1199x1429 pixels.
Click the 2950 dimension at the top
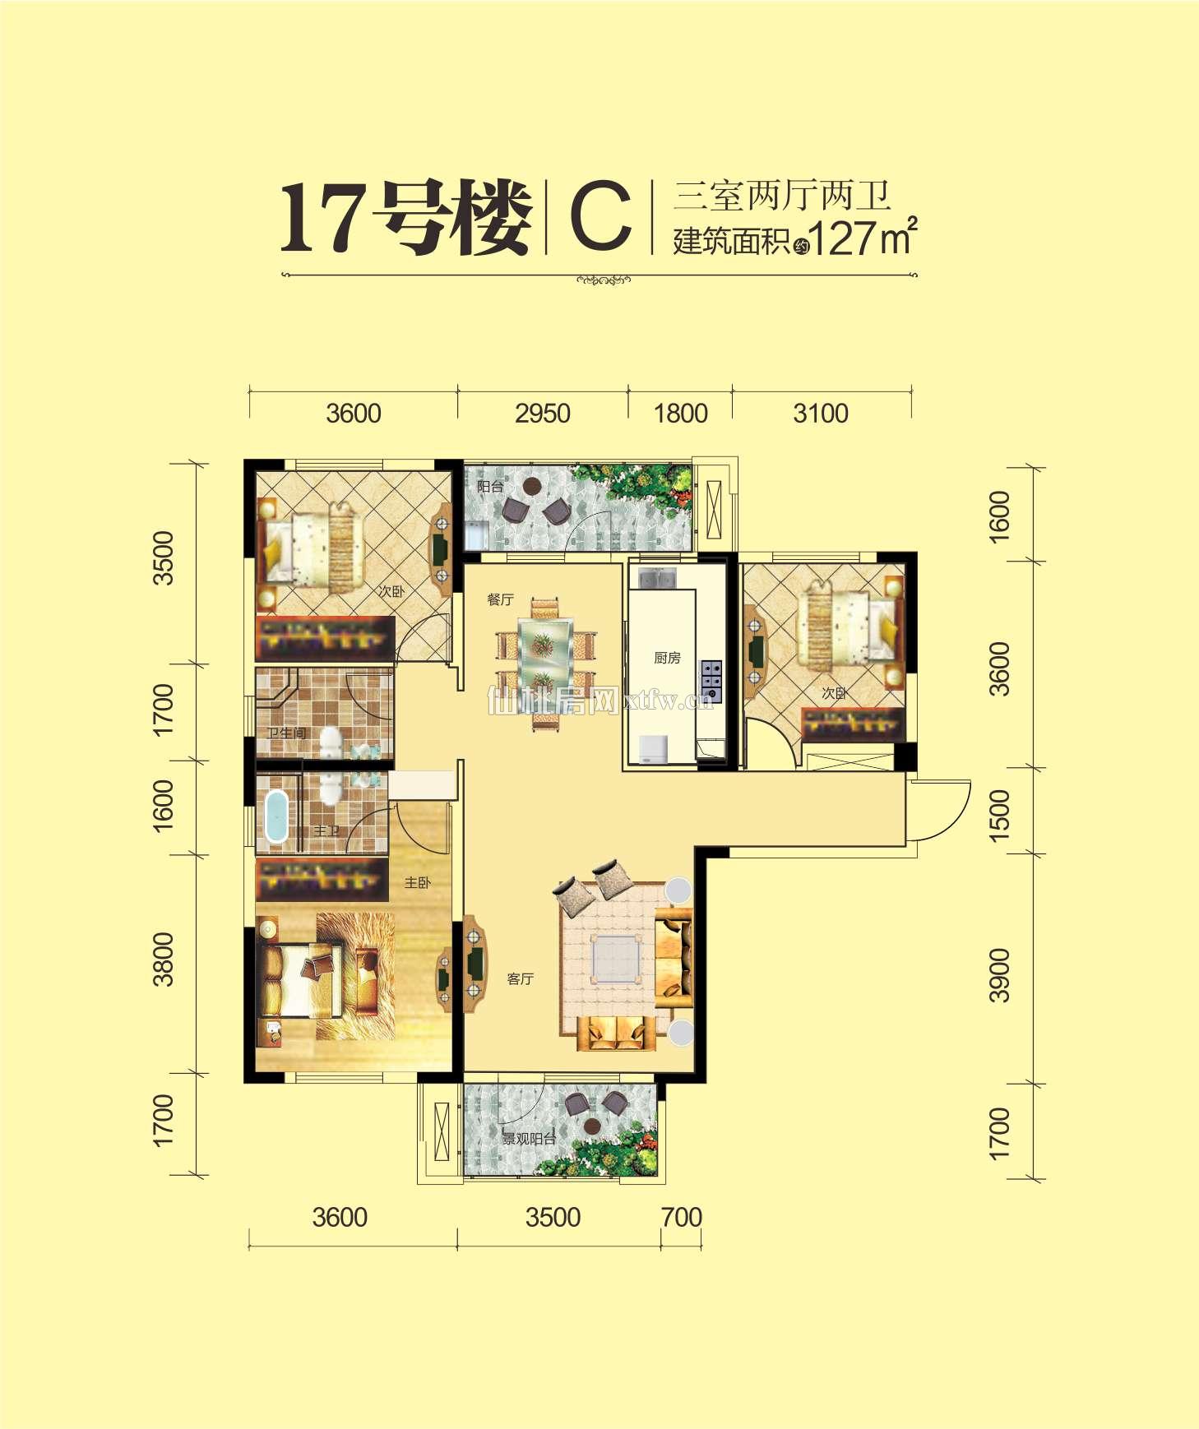[x=543, y=413]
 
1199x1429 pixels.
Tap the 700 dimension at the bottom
[x=681, y=1217]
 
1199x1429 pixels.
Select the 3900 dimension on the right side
[x=998, y=975]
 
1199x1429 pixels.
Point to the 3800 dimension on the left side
[x=164, y=959]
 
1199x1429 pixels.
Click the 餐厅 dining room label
[x=500, y=599]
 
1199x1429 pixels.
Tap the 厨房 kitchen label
[x=667, y=658]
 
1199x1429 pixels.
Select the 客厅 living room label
[x=521, y=978]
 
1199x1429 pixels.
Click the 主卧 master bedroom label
[x=417, y=882]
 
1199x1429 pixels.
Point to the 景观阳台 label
[x=529, y=1139]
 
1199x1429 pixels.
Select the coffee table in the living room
[x=616, y=959]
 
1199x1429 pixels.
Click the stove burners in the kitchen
[x=711, y=682]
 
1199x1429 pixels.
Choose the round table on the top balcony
[x=533, y=486]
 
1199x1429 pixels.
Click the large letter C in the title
[x=600, y=217]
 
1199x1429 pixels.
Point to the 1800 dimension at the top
[x=680, y=413]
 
